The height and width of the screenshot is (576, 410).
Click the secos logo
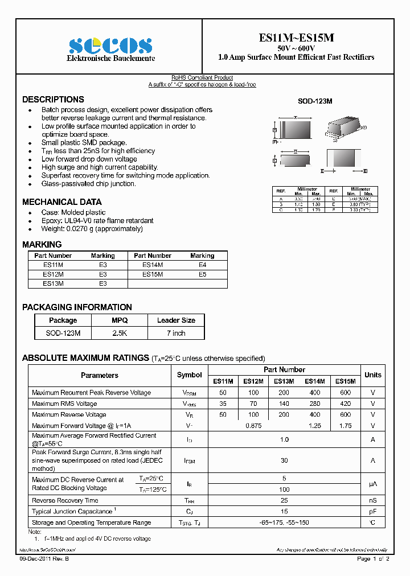click(110, 44)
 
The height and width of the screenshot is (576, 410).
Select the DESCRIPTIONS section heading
click(53, 99)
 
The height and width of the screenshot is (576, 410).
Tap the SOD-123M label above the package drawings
click(315, 101)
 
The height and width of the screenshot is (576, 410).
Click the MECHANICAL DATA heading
click(62, 202)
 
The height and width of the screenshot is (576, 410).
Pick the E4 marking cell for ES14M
click(202, 265)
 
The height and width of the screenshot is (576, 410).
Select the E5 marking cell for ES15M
click(202, 274)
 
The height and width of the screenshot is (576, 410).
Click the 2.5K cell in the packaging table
click(120, 333)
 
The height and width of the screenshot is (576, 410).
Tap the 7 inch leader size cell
click(176, 333)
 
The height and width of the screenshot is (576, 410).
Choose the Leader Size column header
click(176, 320)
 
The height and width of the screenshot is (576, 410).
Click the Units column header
click(373, 375)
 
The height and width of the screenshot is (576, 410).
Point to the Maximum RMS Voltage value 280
click(315, 404)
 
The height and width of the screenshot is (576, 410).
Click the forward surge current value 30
click(284, 460)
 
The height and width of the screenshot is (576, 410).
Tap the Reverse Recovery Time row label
click(65, 500)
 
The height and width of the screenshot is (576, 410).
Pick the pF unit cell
click(373, 511)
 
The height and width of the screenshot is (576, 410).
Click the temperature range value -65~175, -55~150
click(284, 522)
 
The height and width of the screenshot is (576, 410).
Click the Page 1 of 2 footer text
click(373, 559)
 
